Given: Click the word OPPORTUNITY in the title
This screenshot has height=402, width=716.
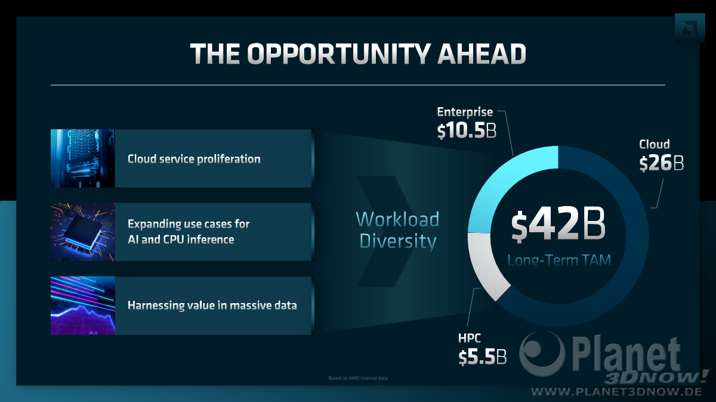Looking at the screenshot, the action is pyautogui.click(x=339, y=54).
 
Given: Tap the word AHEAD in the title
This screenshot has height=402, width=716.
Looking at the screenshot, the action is pyautogui.click(x=482, y=54).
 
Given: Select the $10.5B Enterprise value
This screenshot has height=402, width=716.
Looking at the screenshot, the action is pyautogui.click(x=467, y=130).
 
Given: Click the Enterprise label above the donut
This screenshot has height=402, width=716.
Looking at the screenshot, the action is pyautogui.click(x=465, y=112).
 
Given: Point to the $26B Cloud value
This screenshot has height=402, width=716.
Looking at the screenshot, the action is pyautogui.click(x=661, y=163).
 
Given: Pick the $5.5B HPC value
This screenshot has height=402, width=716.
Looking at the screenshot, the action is pyautogui.click(x=483, y=357).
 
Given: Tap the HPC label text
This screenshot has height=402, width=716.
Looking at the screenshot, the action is pyautogui.click(x=469, y=338).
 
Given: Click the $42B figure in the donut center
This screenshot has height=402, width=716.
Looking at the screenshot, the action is pyautogui.click(x=558, y=225).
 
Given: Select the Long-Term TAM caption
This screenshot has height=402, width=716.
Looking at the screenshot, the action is pyautogui.click(x=559, y=260).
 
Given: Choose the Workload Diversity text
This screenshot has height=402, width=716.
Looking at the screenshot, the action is pyautogui.click(x=397, y=230).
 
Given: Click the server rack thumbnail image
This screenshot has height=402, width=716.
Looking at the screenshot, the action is pyautogui.click(x=83, y=158).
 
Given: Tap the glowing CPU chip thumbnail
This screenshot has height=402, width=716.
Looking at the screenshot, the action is pyautogui.click(x=83, y=232).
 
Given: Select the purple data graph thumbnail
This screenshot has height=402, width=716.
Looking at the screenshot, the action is pyautogui.click(x=83, y=306).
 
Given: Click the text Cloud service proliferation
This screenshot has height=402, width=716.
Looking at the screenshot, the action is pyautogui.click(x=194, y=159).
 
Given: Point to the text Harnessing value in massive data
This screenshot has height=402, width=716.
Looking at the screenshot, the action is pyautogui.click(x=212, y=306).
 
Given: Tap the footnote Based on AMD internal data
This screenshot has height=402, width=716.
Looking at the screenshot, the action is pyautogui.click(x=357, y=378).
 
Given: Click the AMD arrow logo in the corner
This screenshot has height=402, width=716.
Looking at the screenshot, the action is pyautogui.click(x=690, y=28).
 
